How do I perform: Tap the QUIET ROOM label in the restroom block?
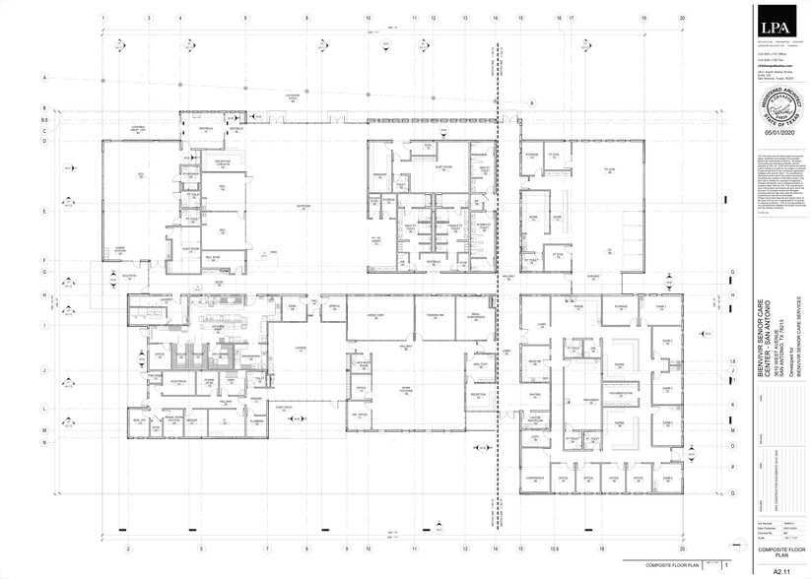435,168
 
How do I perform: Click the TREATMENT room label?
590,399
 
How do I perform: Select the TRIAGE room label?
578,307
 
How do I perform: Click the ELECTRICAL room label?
178,379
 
